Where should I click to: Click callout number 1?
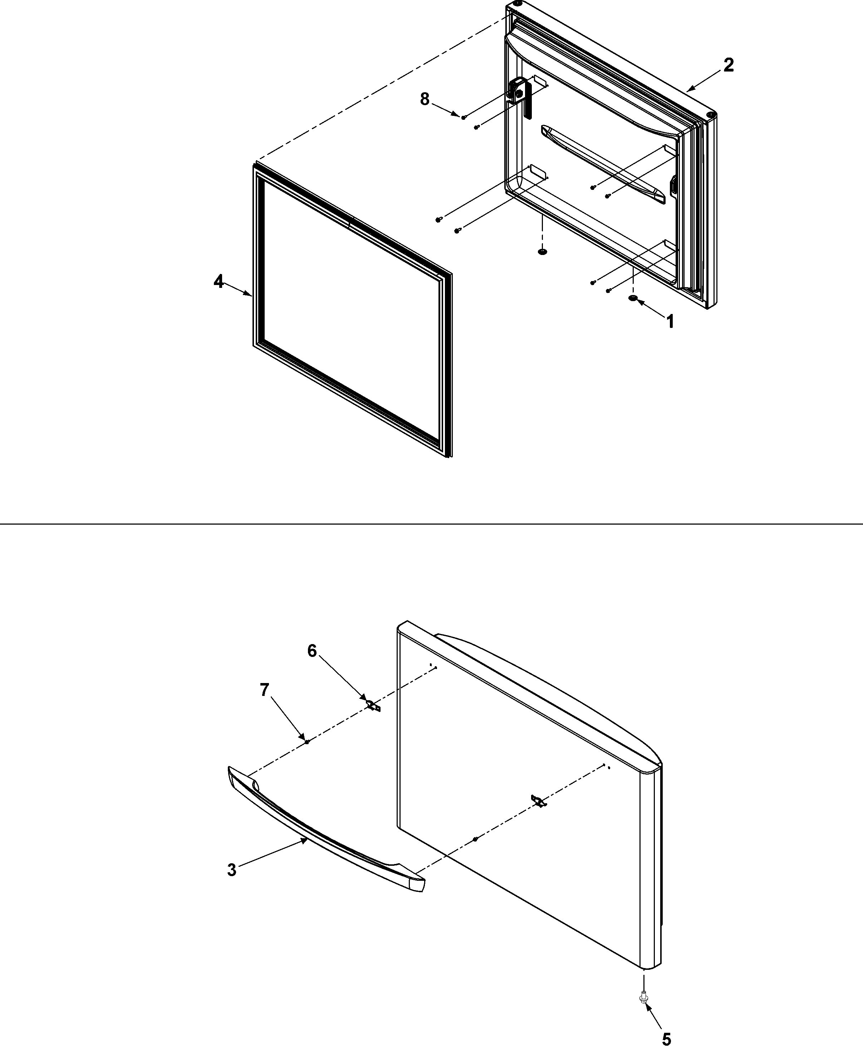click(x=670, y=321)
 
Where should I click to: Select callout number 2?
click(x=728, y=65)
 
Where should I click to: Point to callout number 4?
click(x=218, y=282)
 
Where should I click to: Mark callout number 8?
click(x=425, y=99)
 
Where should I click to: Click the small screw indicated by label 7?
click(x=307, y=741)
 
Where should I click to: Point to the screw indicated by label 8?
click(x=463, y=117)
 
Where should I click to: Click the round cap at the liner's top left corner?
click(x=517, y=4)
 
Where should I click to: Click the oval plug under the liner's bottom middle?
click(x=542, y=252)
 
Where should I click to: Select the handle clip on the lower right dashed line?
click(x=538, y=801)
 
